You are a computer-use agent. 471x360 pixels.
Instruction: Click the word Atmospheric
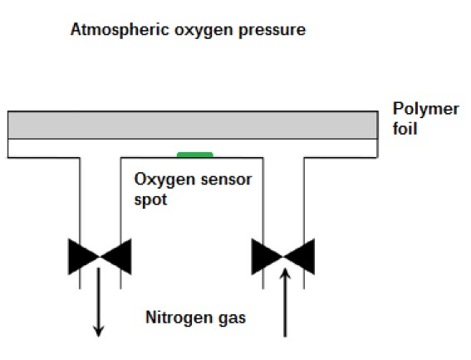(x=120, y=30)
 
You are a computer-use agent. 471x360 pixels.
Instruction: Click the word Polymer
(x=425, y=110)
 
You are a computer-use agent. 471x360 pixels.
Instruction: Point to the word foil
(x=405, y=128)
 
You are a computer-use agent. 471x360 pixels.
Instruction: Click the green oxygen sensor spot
(x=195, y=155)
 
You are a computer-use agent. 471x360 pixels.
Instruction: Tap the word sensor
(x=226, y=180)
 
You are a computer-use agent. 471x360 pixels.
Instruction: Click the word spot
(x=150, y=200)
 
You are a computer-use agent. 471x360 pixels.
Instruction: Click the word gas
(x=233, y=318)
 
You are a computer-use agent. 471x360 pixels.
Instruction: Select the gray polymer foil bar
(x=193, y=125)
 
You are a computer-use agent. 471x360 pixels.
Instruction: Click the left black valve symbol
(x=100, y=257)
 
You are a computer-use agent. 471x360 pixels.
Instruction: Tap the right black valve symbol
(x=283, y=257)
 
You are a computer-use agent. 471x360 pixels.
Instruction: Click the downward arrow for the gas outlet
(x=99, y=302)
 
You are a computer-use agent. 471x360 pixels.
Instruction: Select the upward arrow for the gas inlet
(x=285, y=303)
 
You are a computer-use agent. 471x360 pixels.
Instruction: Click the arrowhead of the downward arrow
(x=99, y=332)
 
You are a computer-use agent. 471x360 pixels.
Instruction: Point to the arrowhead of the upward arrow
(x=285, y=274)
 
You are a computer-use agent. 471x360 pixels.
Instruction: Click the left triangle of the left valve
(x=81, y=257)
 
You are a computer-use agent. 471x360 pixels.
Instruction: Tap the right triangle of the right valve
(x=301, y=257)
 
